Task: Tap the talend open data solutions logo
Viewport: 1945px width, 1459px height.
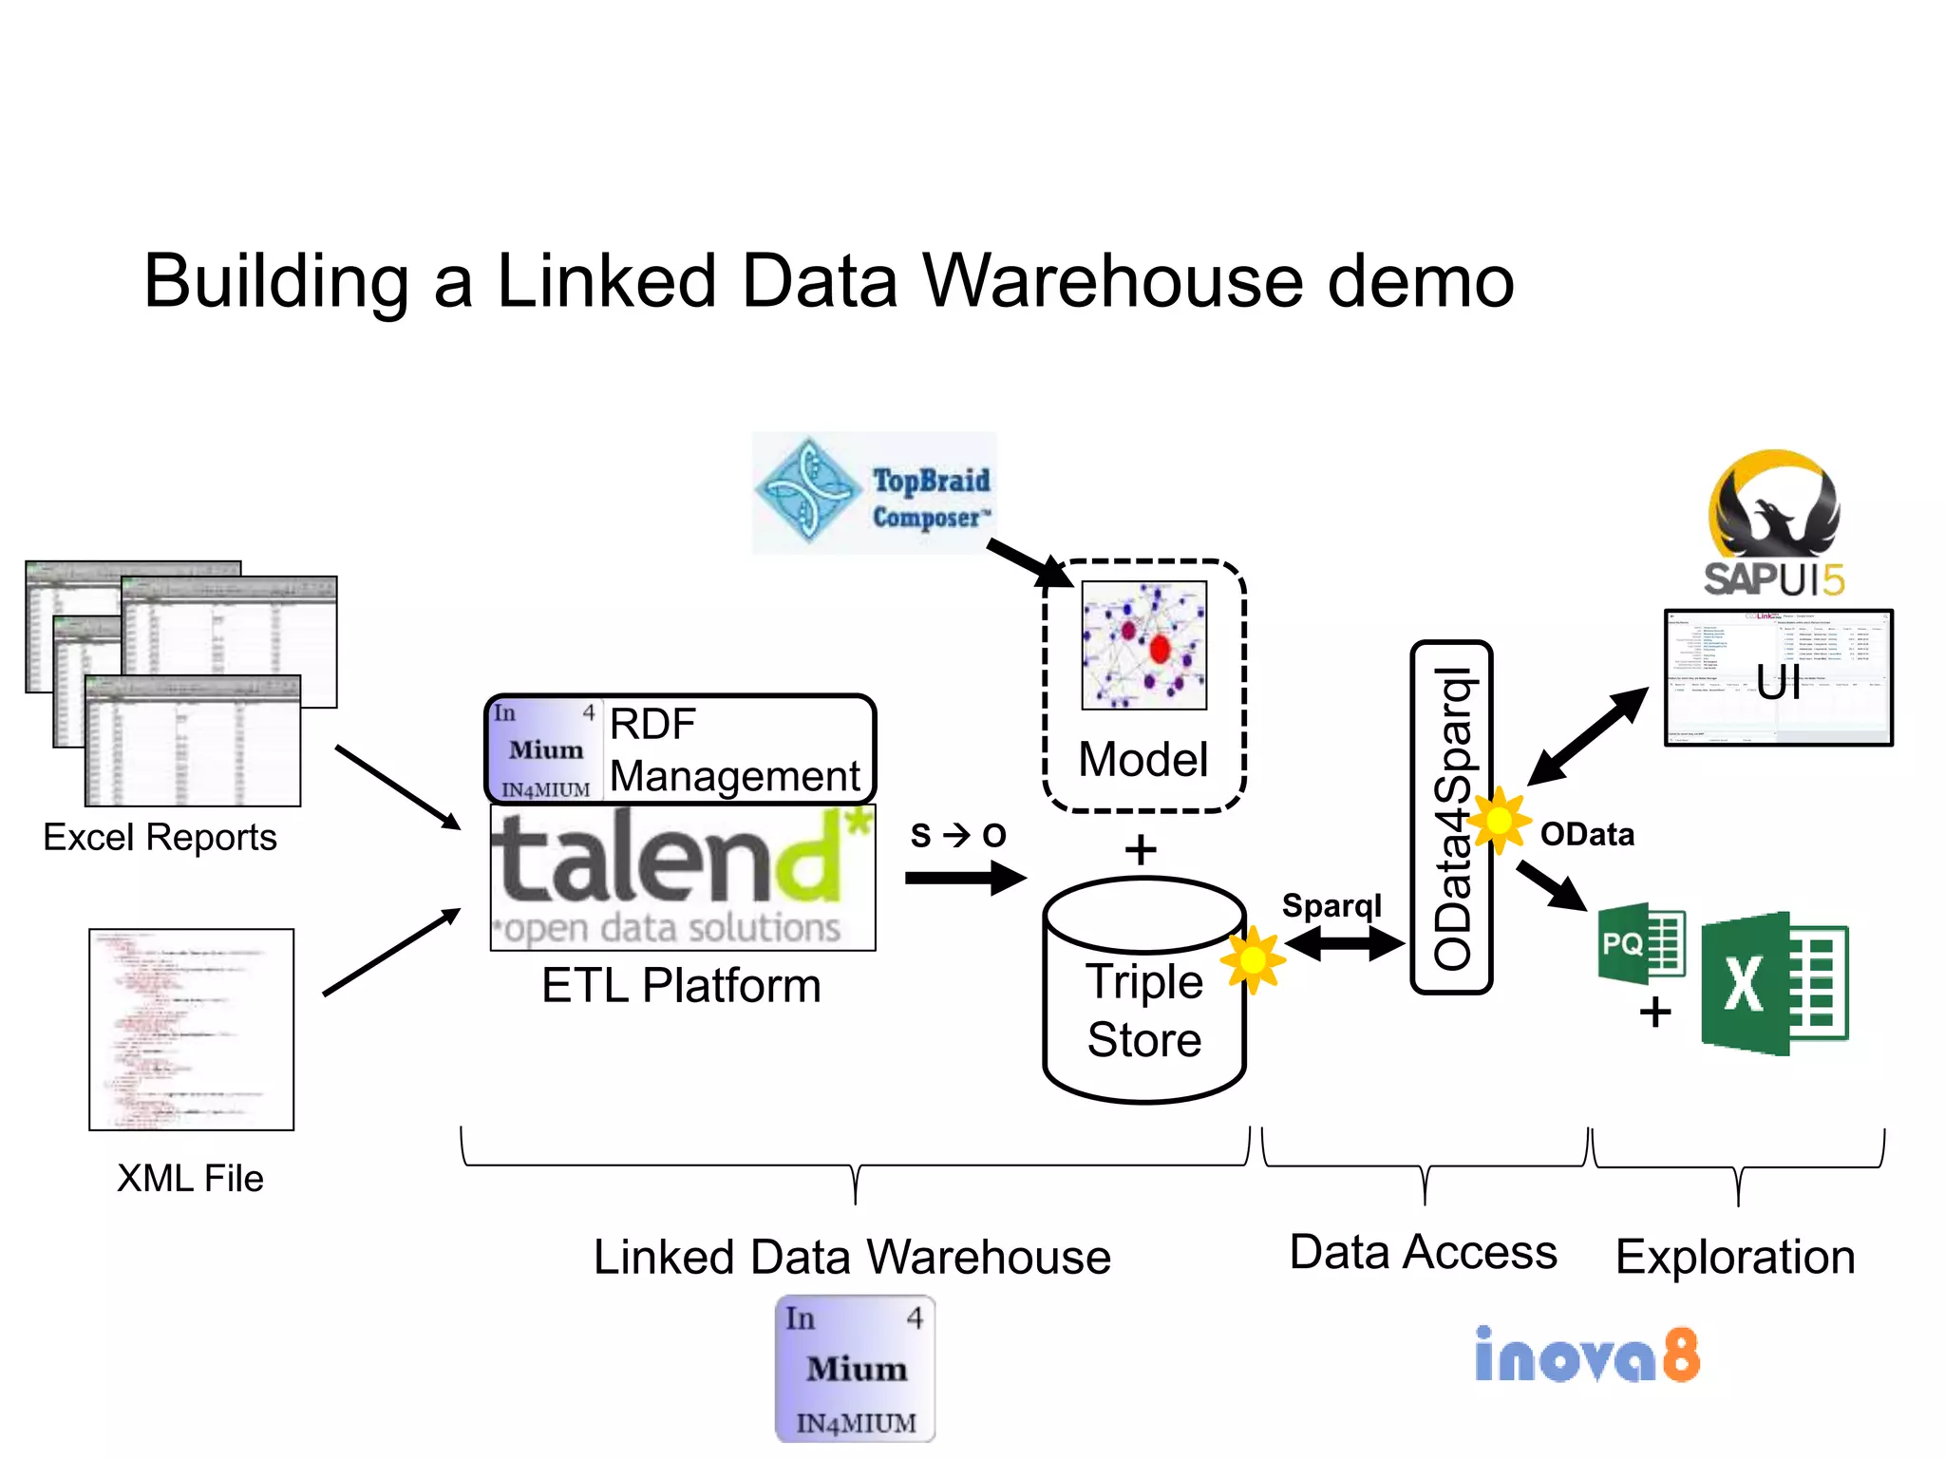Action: (682, 877)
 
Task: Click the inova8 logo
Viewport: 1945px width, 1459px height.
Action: (1587, 1355)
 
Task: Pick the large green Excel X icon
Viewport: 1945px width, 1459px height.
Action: (1774, 983)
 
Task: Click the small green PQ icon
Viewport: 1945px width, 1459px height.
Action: (1641, 943)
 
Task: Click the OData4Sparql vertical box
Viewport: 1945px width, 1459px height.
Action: (1451, 817)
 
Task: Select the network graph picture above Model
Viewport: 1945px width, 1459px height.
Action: (1143, 645)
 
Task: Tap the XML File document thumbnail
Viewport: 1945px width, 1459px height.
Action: (192, 1030)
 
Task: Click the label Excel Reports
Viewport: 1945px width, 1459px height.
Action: (160, 838)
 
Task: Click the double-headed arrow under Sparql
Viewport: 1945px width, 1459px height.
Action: (1343, 943)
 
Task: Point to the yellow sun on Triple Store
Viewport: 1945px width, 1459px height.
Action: (1253, 960)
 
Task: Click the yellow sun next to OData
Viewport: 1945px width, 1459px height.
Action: (1499, 820)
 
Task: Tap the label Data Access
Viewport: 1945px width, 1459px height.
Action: (1423, 1252)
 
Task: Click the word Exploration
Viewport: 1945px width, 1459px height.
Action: (1735, 1257)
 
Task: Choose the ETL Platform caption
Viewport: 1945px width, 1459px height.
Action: (681, 985)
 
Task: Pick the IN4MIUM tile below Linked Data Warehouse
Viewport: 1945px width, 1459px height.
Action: (855, 1369)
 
